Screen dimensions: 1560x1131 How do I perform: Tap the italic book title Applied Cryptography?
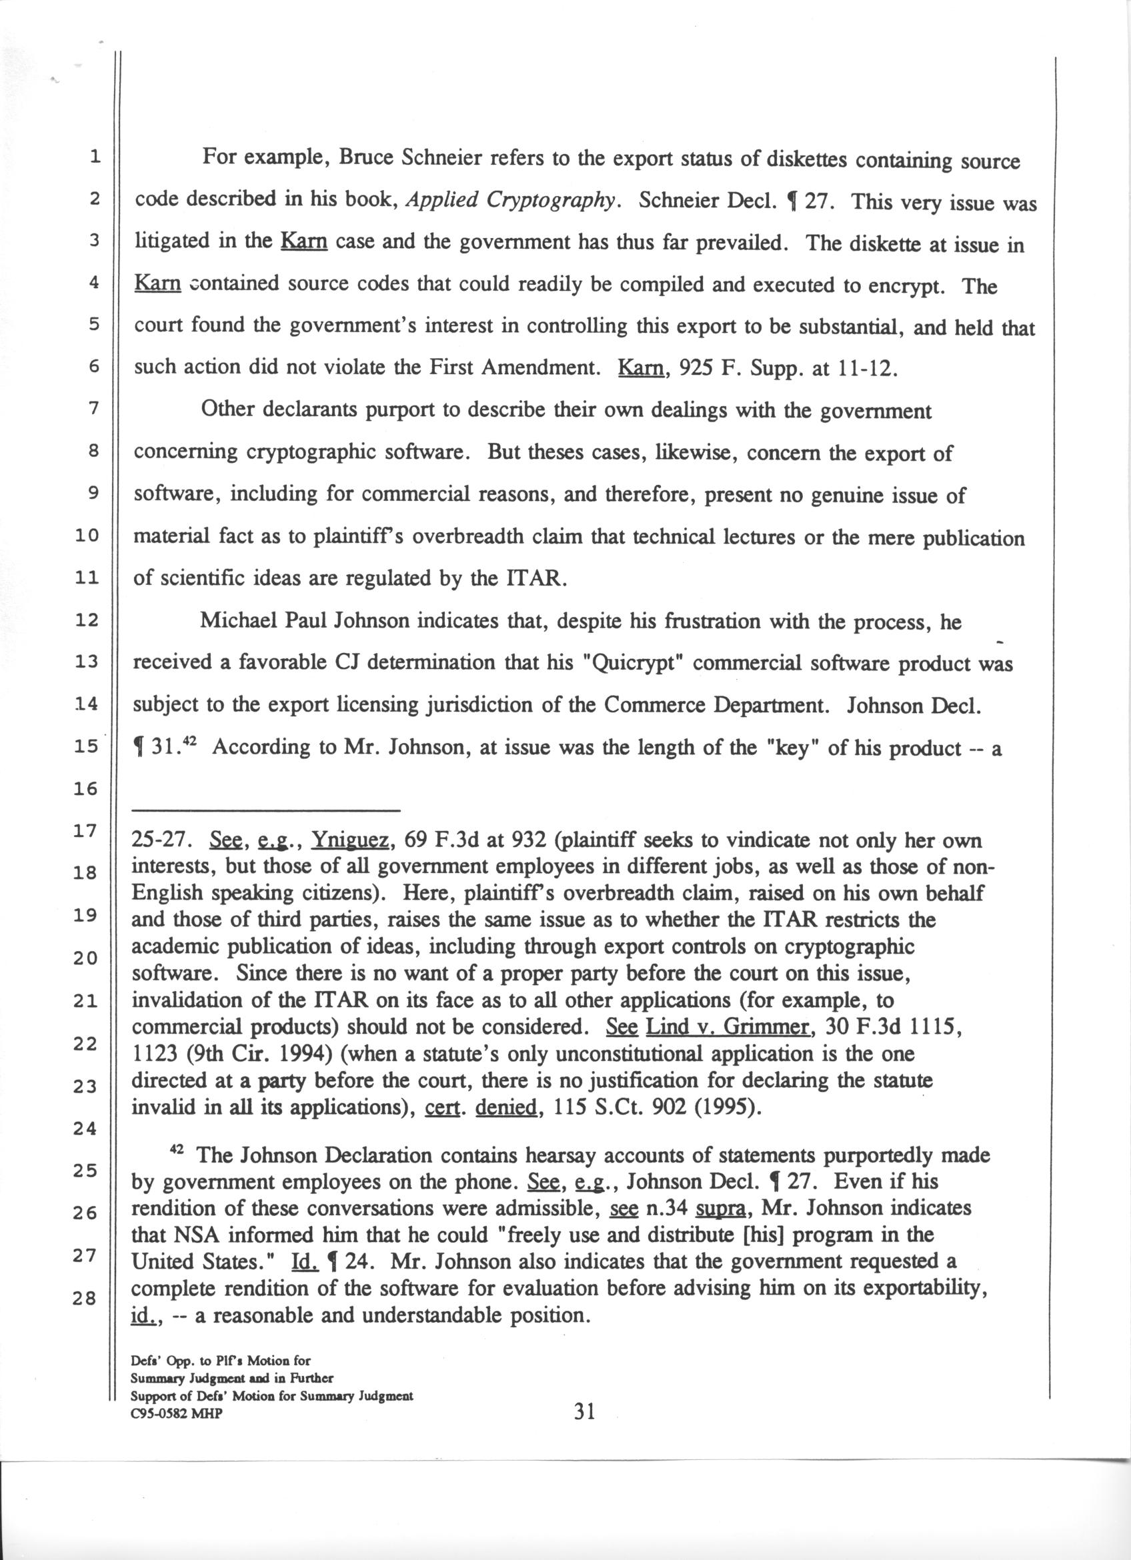[x=509, y=199]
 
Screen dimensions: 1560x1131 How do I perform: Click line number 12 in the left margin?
[x=87, y=620]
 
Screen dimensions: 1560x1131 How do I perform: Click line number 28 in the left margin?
[x=87, y=1299]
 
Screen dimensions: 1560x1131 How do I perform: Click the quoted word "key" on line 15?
[x=790, y=748]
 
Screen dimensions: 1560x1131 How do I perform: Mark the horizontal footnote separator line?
[x=266, y=810]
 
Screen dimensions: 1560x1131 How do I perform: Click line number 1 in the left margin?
[x=94, y=157]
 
